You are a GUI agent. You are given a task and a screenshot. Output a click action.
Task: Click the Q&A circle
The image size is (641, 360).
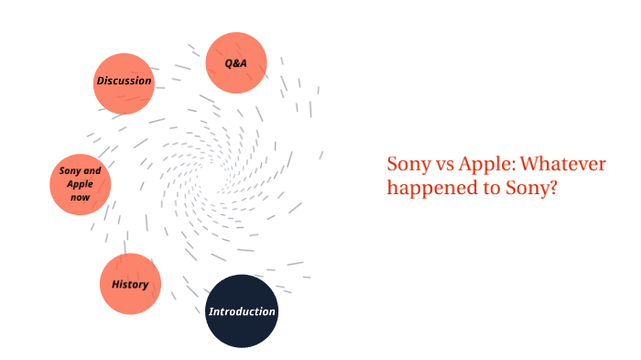click(x=236, y=63)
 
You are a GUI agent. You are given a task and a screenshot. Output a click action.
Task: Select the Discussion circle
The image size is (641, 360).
click(x=124, y=82)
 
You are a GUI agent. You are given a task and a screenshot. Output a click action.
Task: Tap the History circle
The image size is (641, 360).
click(x=130, y=284)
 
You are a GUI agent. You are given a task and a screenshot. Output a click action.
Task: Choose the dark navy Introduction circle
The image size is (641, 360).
click(x=242, y=311)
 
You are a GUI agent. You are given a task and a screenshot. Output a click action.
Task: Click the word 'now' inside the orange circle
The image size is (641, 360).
click(x=80, y=197)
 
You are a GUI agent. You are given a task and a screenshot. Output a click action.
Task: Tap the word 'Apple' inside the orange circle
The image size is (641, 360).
click(x=80, y=184)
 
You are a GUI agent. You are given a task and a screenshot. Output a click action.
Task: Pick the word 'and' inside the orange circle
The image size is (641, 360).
click(x=92, y=171)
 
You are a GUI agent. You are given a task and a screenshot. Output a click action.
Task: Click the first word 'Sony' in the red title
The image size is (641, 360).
click(x=407, y=164)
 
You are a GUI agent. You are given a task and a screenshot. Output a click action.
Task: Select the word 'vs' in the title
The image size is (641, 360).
click(x=443, y=165)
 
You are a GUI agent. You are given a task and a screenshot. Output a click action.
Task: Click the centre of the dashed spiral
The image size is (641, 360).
click(x=217, y=173)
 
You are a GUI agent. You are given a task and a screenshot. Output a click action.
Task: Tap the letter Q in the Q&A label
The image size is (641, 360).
click(x=230, y=63)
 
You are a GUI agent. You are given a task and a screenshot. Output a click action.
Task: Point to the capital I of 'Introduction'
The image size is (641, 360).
click(x=211, y=311)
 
